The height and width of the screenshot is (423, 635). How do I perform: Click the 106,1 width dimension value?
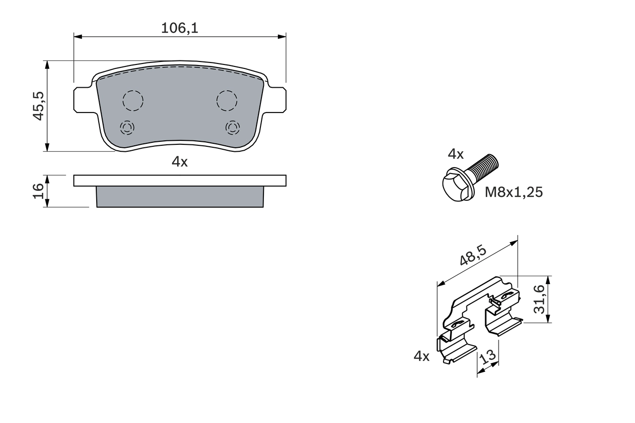click(180, 28)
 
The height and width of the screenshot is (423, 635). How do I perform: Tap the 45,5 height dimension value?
click(39, 106)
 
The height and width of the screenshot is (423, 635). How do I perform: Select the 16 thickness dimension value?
click(39, 191)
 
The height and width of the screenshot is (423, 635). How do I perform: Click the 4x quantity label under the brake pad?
click(180, 162)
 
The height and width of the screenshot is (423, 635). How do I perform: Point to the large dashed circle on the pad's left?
click(132, 101)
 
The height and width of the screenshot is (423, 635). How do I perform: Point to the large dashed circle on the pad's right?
click(227, 101)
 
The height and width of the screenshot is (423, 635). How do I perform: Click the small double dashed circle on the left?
click(127, 128)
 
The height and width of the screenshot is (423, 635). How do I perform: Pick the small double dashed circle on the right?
click(232, 128)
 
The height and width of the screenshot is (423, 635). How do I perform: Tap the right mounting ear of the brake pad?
click(277, 100)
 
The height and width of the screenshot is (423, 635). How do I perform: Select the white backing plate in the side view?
click(180, 181)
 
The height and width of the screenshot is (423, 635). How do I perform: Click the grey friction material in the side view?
click(180, 197)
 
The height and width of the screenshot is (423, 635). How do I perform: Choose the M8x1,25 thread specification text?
click(513, 192)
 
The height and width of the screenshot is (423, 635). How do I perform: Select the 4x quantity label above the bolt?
click(455, 154)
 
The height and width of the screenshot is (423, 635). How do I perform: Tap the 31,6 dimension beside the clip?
click(539, 299)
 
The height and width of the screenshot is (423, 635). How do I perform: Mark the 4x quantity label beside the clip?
click(421, 356)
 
